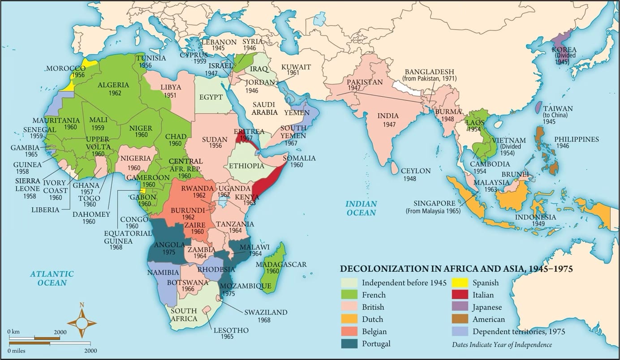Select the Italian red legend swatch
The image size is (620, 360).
460,295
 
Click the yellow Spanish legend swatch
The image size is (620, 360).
460,283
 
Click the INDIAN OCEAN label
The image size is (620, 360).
361,208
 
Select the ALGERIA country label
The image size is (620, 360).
113,85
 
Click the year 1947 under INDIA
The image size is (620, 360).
388,124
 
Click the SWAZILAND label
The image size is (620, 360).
266,312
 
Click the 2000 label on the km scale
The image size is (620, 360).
60,332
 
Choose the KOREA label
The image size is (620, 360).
564,49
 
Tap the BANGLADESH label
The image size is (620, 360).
429,72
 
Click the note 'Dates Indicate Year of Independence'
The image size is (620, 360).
502,345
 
